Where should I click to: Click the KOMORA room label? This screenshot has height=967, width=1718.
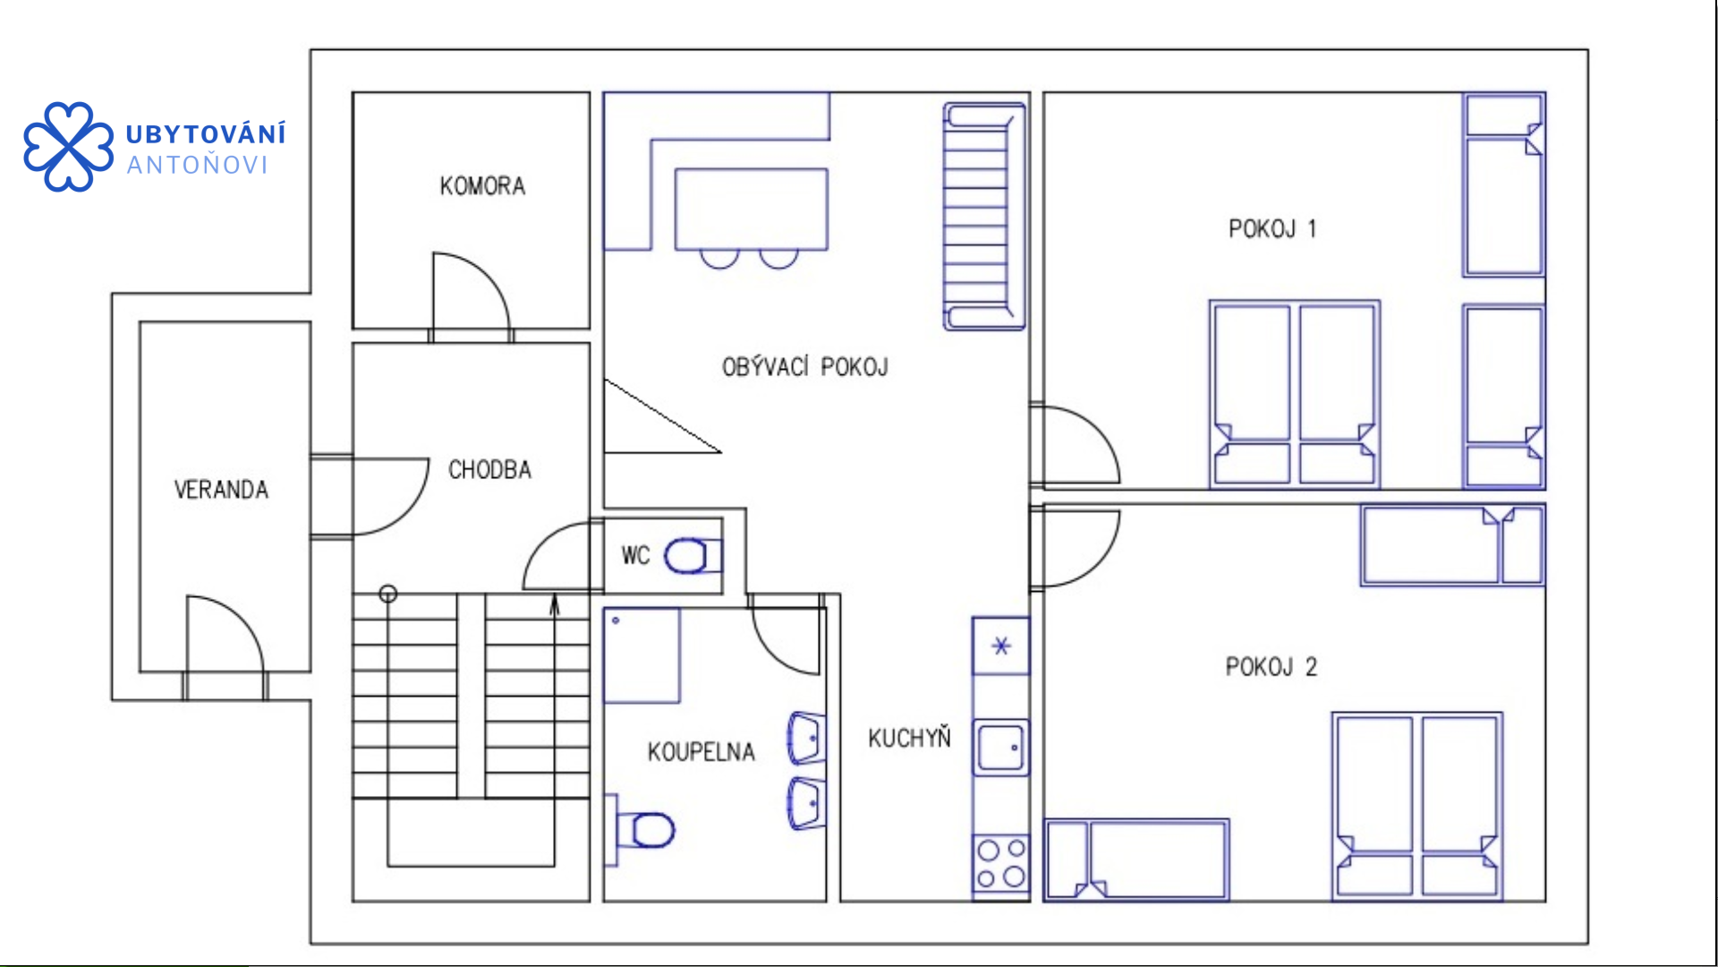pos(482,186)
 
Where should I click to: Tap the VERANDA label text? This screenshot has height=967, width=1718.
pos(221,490)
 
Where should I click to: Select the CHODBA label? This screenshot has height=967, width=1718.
pos(489,469)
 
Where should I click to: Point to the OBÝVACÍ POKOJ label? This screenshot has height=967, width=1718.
pos(804,366)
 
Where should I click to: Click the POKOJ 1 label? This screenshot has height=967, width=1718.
pos(1272,229)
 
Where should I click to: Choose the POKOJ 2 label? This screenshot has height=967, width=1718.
pos(1271,667)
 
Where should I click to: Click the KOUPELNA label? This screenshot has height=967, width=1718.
pos(702,751)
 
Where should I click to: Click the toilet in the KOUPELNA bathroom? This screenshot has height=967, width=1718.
pos(644,829)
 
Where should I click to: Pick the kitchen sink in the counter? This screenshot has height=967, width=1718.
pos(1001,747)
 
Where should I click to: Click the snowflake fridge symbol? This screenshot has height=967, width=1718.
pos(1001,646)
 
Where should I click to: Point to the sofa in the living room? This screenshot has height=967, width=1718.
pos(983,216)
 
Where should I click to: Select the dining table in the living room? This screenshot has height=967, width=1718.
pos(752,209)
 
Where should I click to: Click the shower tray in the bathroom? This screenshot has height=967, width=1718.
pos(642,655)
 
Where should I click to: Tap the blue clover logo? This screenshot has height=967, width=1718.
pos(69,147)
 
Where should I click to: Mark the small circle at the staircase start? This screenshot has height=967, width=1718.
pos(388,594)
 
